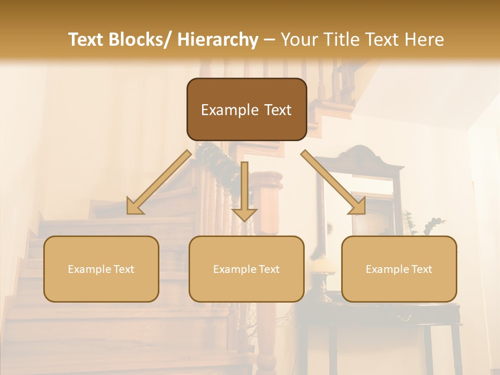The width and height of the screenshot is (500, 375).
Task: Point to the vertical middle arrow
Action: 244,187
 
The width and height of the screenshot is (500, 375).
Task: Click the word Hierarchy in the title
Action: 218,40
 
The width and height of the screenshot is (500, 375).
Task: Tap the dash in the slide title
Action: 269,40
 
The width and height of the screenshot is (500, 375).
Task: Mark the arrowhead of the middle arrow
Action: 244,214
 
